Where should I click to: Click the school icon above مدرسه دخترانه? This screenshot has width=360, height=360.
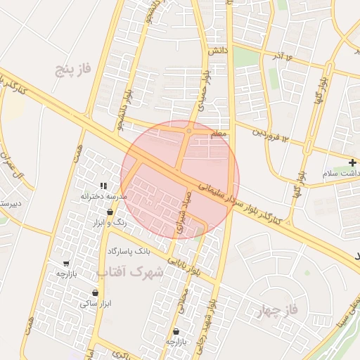pos(103,186)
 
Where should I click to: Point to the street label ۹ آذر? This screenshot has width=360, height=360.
pos(279,55)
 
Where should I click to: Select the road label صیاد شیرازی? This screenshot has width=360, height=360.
pos(183,211)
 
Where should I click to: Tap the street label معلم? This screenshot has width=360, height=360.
pos(219,133)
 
